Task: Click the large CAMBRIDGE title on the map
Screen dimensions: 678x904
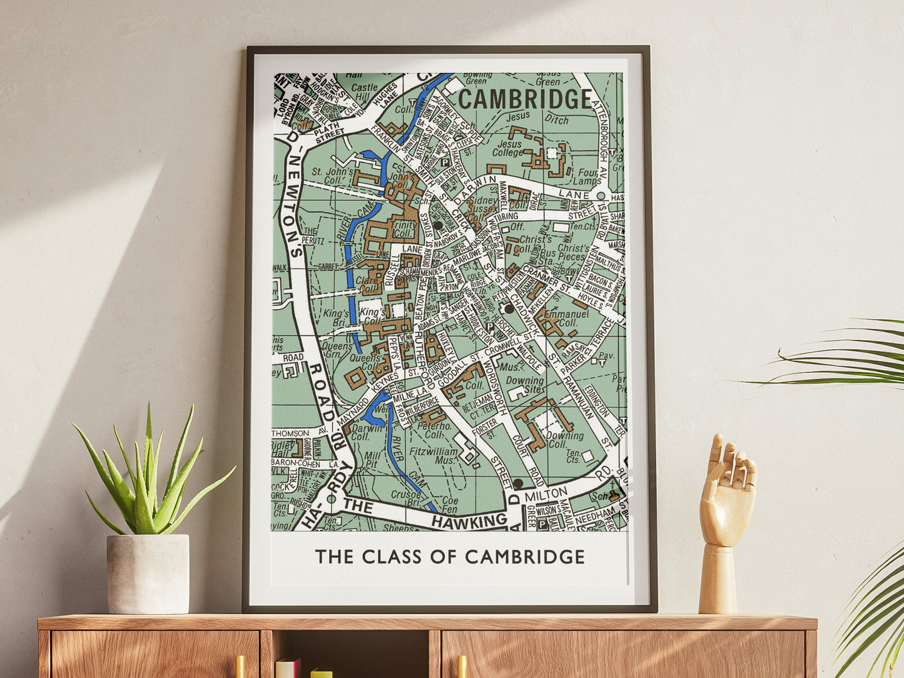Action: pos(525,99)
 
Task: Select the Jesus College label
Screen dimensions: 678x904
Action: pos(507,148)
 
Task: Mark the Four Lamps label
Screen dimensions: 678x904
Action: pos(589,176)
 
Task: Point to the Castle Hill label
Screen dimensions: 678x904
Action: pos(364,93)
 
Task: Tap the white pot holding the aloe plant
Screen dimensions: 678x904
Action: pos(148,574)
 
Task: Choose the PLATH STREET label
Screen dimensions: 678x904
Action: pos(330,133)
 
